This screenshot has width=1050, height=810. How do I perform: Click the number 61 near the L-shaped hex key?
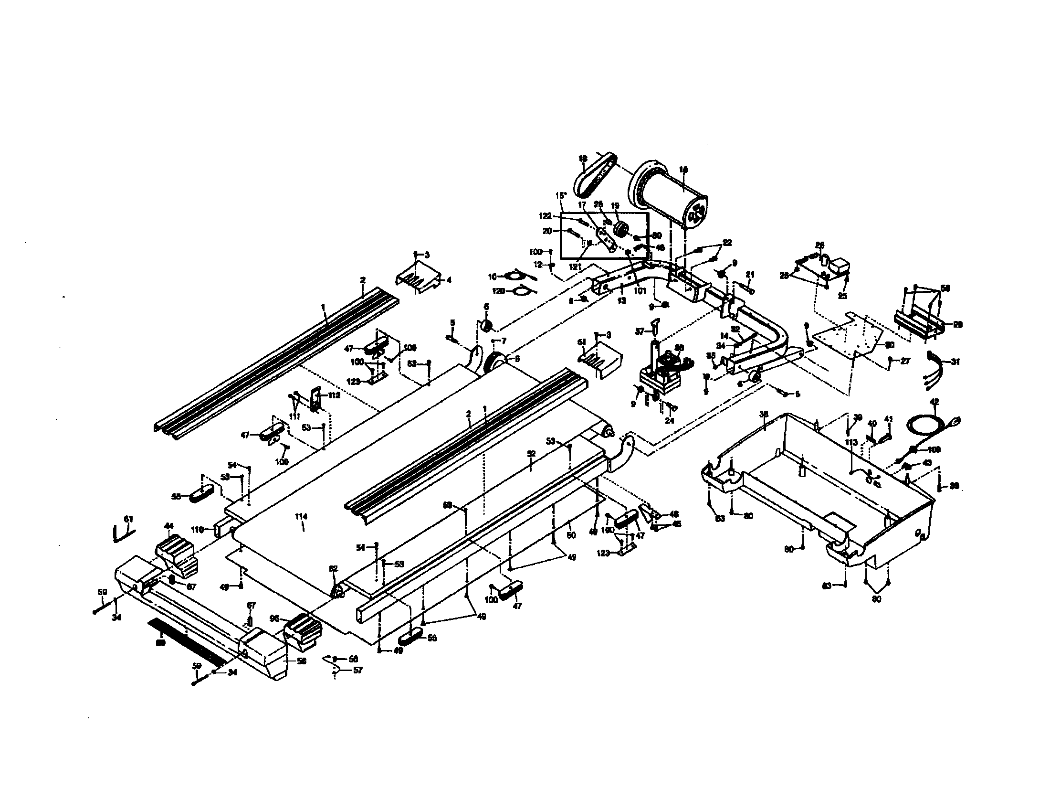128,519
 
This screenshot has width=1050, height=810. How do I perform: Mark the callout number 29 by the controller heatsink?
957,325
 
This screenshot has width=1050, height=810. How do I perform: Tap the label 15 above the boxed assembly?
560,196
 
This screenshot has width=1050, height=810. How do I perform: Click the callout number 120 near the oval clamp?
498,291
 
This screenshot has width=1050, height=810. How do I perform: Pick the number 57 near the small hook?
357,670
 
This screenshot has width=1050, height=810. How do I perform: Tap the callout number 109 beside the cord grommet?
934,450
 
